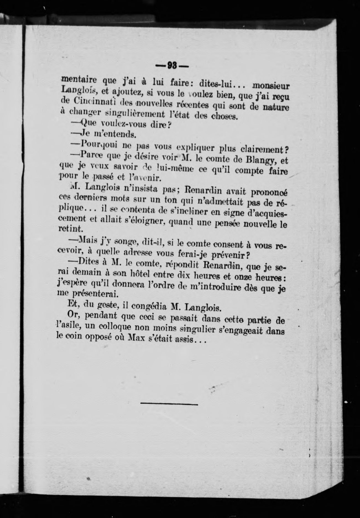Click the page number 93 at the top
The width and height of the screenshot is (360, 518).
click(x=172, y=66)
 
